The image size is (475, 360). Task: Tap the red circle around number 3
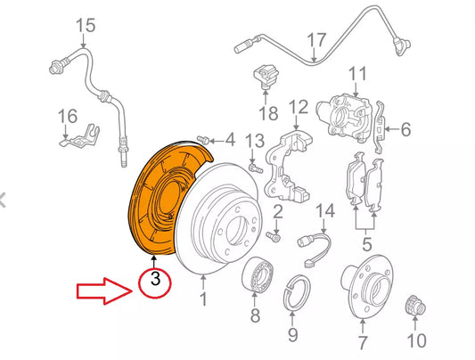tap(155, 284)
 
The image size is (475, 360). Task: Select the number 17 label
tap(317, 39)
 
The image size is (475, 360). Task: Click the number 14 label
tap(325, 210)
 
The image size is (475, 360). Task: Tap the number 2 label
tap(278, 211)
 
